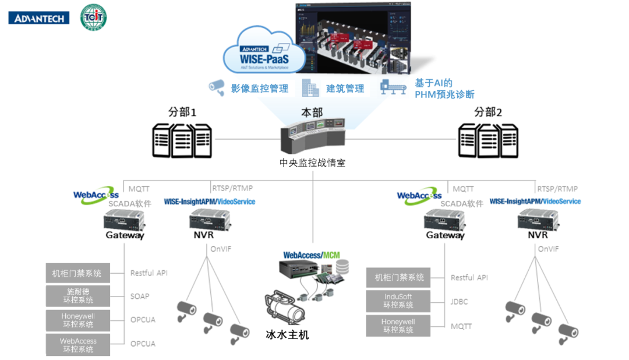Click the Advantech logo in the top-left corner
click(39, 18)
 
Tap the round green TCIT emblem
click(93, 17)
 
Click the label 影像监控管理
click(259, 89)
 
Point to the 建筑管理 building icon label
click(345, 89)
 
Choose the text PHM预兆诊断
click(444, 94)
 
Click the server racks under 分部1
click(182, 140)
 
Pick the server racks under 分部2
click(487, 140)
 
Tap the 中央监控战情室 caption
click(312, 163)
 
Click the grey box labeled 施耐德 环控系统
click(78, 295)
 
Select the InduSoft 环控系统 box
click(398, 301)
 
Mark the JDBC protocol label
click(460, 302)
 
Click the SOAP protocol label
click(140, 296)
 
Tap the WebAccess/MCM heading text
click(311, 255)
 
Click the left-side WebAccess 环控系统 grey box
click(78, 345)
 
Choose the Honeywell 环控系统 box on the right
click(398, 326)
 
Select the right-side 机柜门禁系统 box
click(398, 277)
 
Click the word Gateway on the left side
click(125, 235)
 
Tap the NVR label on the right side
click(538, 235)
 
